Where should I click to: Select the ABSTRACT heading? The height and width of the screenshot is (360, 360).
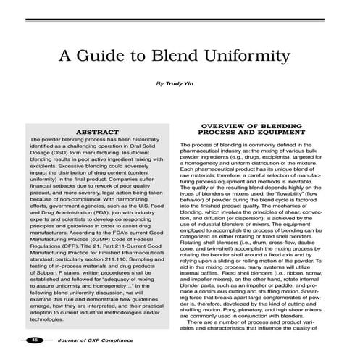click(x=97, y=133)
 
